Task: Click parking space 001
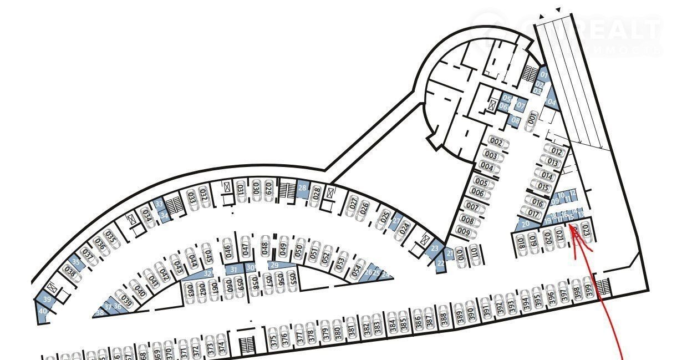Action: (532, 118)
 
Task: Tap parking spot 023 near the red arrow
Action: (587, 233)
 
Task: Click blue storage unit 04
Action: (551, 102)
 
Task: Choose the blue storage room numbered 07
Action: (521, 104)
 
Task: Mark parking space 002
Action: (497, 143)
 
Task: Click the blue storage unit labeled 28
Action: (302, 187)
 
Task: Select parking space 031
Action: (241, 189)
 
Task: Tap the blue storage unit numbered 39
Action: (47, 300)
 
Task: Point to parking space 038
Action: (70, 272)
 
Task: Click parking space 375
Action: (273, 339)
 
